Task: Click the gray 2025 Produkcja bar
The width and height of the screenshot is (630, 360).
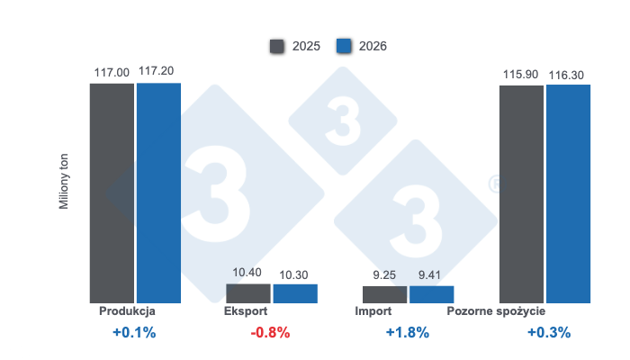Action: pyautogui.click(x=112, y=193)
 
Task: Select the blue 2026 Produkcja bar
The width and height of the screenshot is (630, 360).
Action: pyautogui.click(x=158, y=193)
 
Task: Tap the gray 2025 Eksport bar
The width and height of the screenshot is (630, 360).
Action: pyautogui.click(x=247, y=293)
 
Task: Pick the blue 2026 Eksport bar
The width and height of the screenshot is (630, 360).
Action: pyautogui.click(x=295, y=293)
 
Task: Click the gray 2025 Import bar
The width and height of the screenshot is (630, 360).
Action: pyautogui.click(x=384, y=294)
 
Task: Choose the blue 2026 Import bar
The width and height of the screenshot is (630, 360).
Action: pyautogui.click(x=431, y=294)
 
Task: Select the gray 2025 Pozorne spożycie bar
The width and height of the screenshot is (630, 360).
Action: pyautogui.click(x=521, y=193)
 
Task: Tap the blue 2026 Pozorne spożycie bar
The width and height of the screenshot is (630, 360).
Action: pyautogui.click(x=568, y=193)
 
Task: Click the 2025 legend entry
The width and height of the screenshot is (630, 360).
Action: pyautogui.click(x=294, y=45)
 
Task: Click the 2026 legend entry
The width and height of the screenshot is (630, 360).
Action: pyautogui.click(x=361, y=45)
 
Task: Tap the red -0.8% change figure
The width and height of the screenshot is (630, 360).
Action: pyautogui.click(x=270, y=332)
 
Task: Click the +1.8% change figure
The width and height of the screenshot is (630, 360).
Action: pyautogui.click(x=407, y=332)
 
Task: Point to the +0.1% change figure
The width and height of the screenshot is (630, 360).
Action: pyautogui.click(x=134, y=332)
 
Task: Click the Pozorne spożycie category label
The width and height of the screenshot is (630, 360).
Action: pyautogui.click(x=496, y=311)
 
